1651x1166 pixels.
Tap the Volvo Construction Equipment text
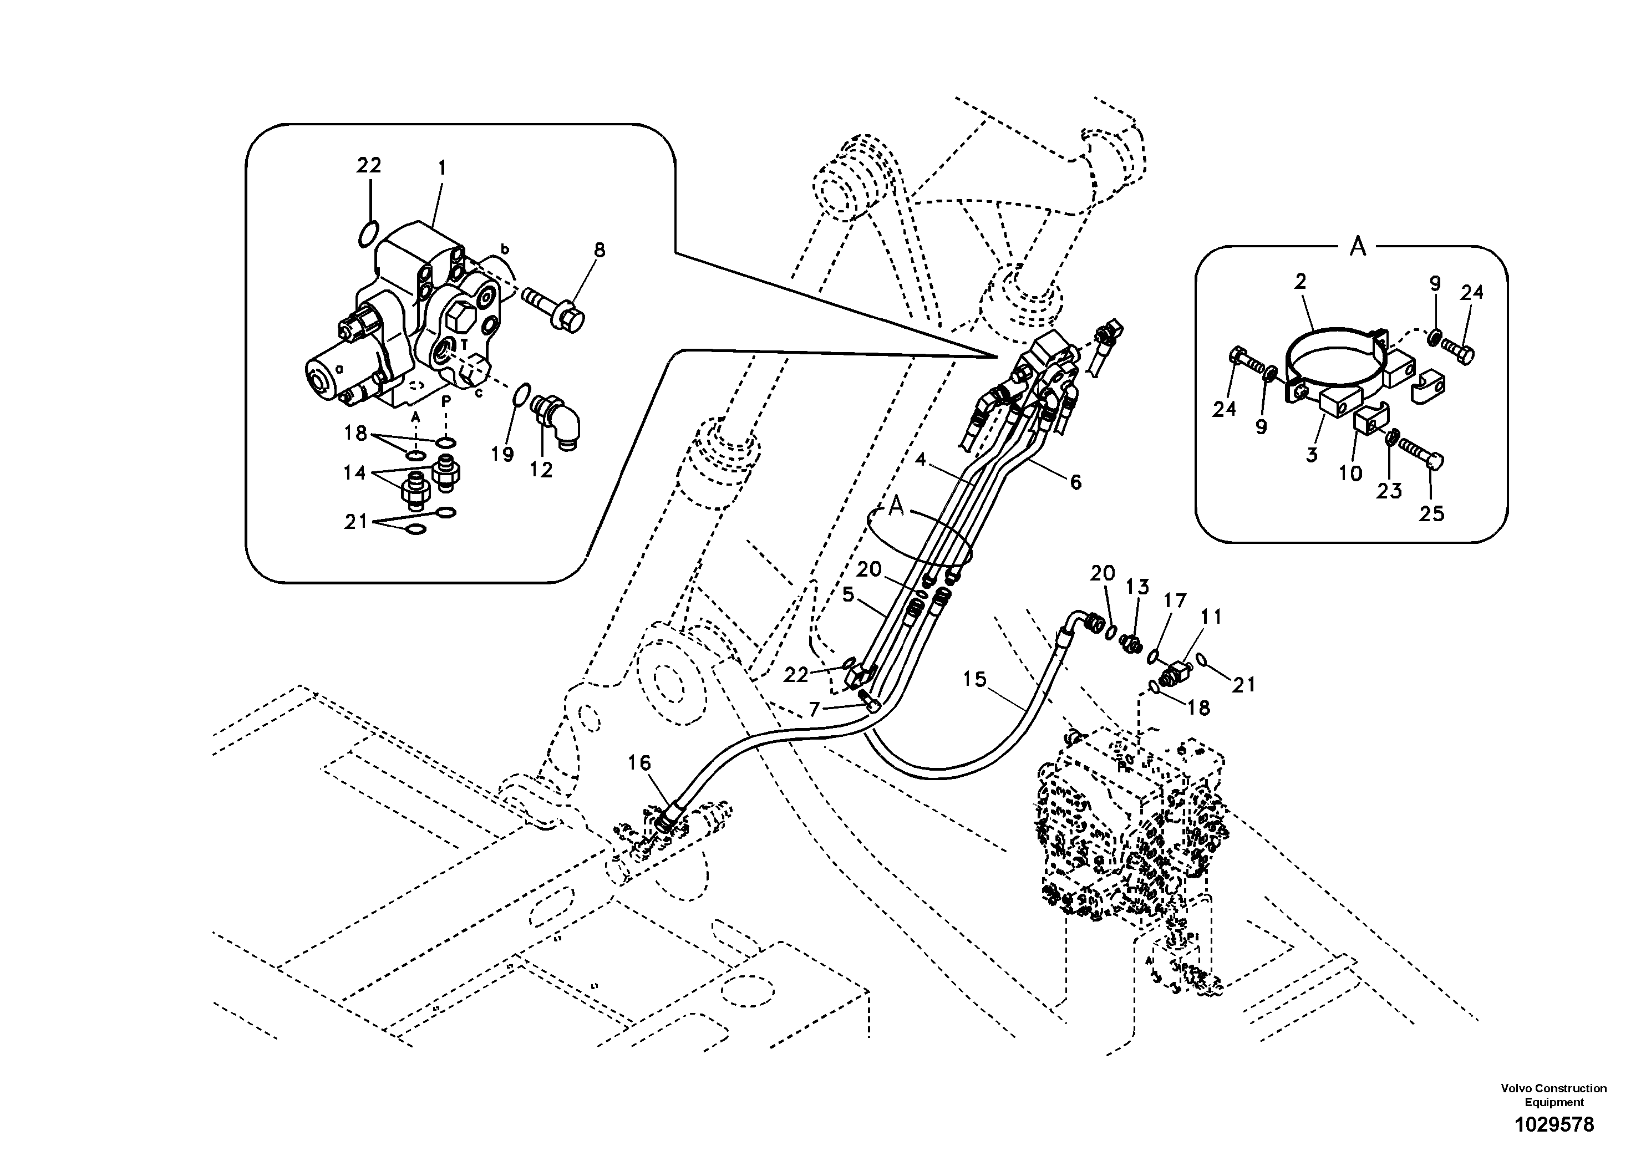tap(1553, 1096)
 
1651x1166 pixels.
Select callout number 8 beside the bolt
tap(599, 250)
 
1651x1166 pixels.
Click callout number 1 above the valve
tap(442, 168)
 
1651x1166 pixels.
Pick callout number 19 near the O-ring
tap(502, 454)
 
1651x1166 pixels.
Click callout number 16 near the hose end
tap(639, 763)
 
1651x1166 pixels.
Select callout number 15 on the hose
tap(974, 679)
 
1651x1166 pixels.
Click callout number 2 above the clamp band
tap(1300, 282)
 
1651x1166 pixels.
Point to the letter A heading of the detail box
tap(1358, 247)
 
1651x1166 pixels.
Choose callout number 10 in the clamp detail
tap(1350, 473)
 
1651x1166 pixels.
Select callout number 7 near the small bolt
tap(814, 710)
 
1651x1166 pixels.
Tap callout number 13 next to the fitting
tap(1137, 587)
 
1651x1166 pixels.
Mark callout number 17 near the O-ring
tap(1175, 601)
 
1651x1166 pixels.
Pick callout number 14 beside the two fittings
tap(354, 473)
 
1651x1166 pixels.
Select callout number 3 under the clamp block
tap(1312, 455)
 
